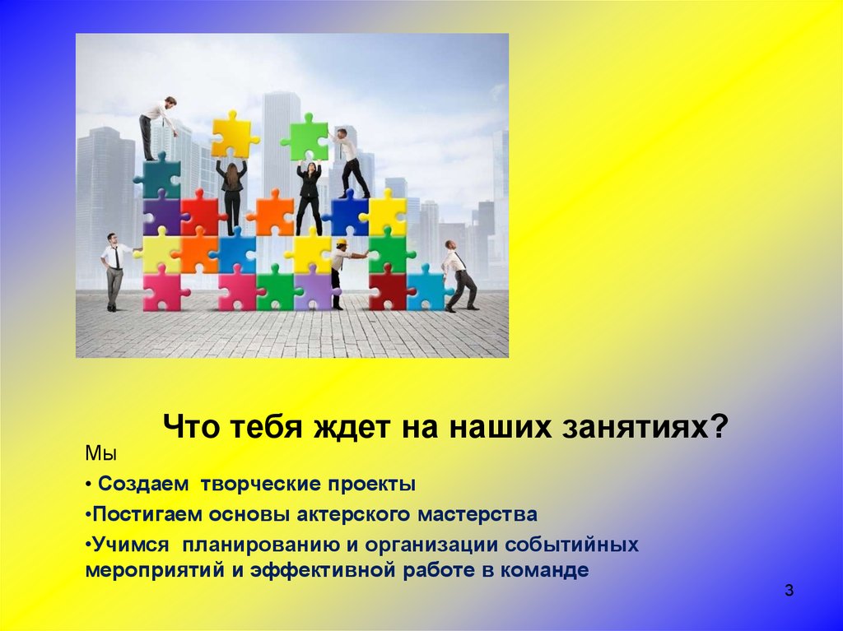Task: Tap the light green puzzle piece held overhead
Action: pos(305,137)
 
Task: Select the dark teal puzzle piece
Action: pos(156,176)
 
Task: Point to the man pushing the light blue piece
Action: pos(457,276)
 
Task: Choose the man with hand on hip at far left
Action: pos(114,270)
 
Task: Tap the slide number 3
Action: pos(789,590)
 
